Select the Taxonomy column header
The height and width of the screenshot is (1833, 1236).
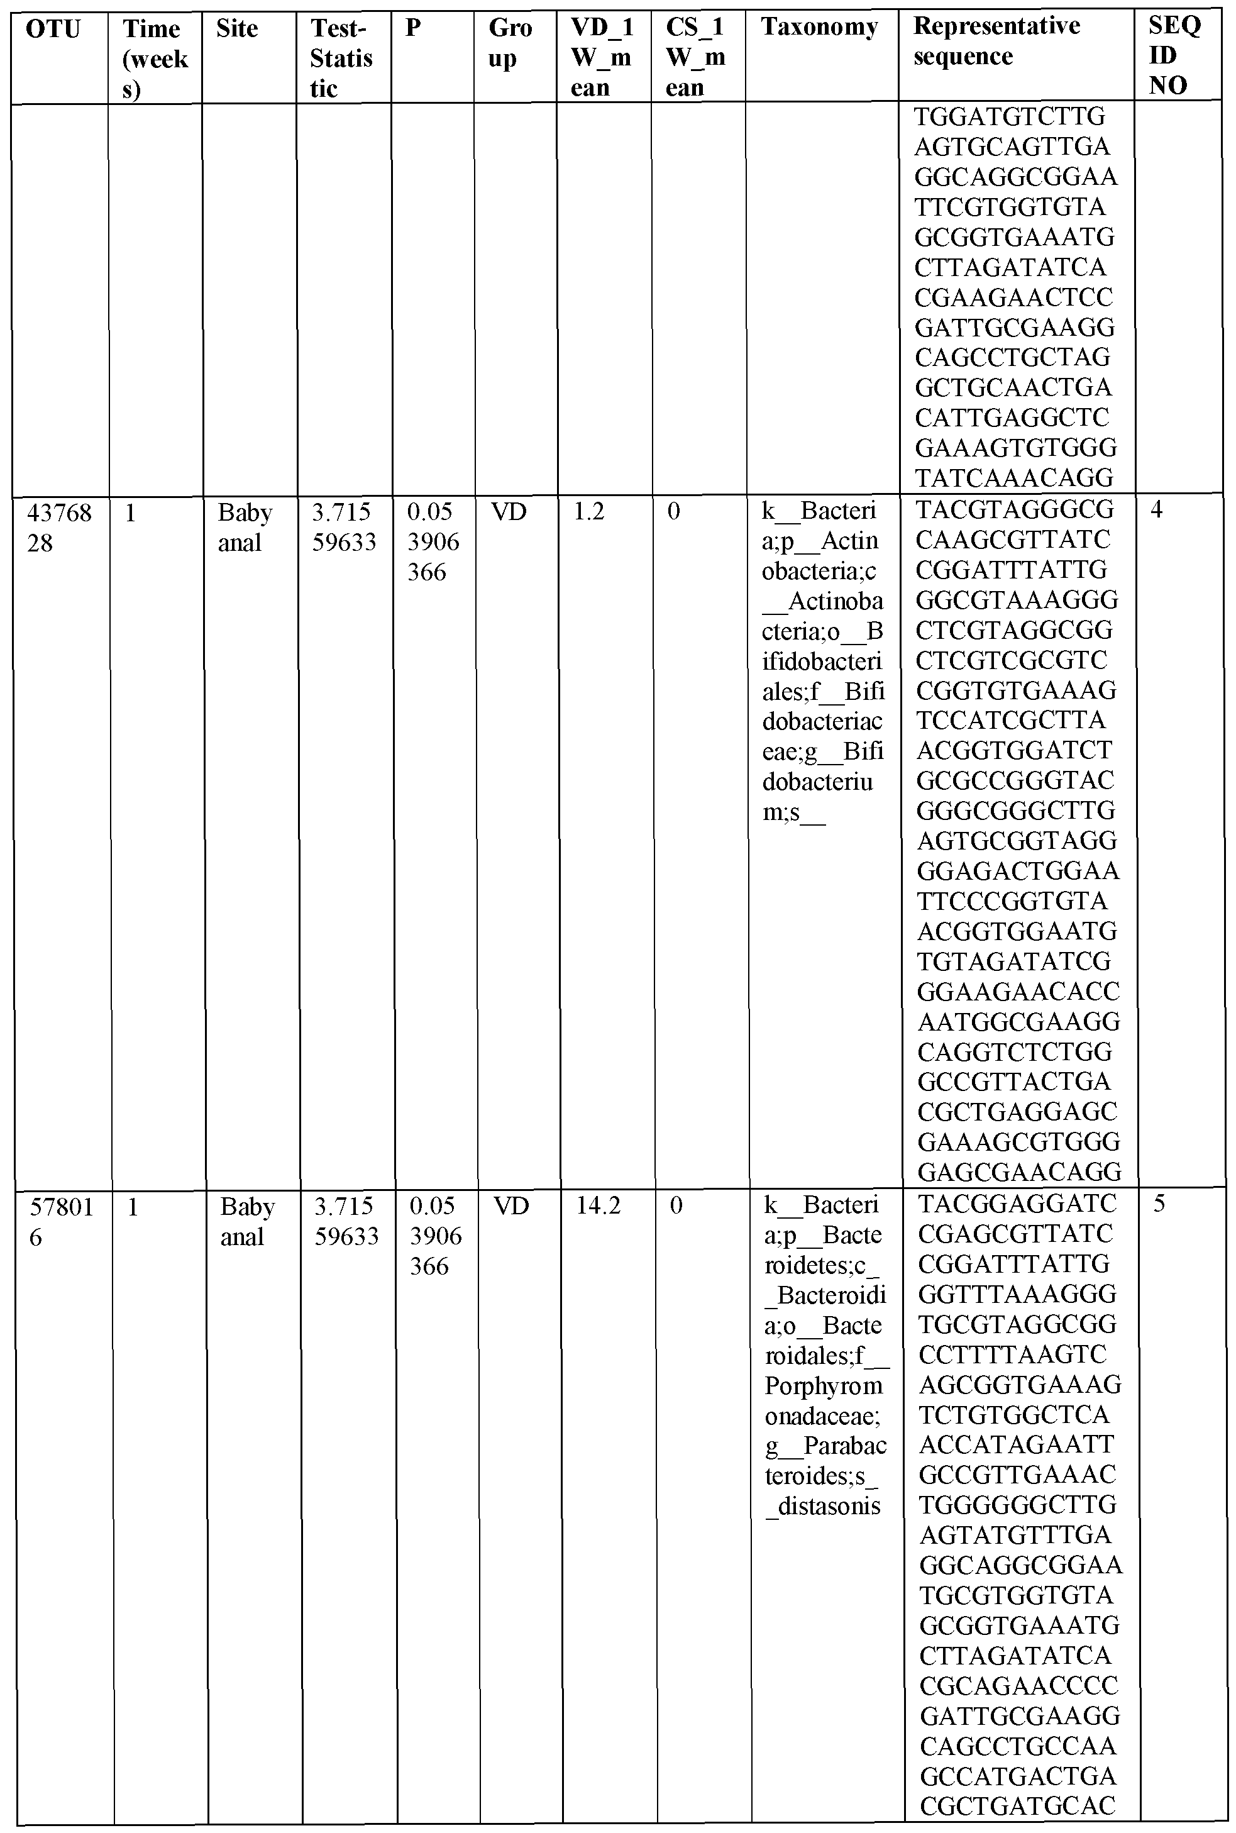(819, 28)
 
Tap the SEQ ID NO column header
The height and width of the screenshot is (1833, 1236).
(1174, 55)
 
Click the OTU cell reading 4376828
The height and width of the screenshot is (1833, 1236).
(59, 528)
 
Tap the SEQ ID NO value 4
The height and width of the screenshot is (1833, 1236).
(1156, 510)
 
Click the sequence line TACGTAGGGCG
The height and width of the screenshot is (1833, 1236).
(1015, 510)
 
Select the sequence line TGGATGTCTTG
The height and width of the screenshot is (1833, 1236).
(1010, 117)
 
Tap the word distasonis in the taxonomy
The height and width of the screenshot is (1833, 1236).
(829, 1506)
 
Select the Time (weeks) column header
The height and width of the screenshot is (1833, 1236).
(155, 58)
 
